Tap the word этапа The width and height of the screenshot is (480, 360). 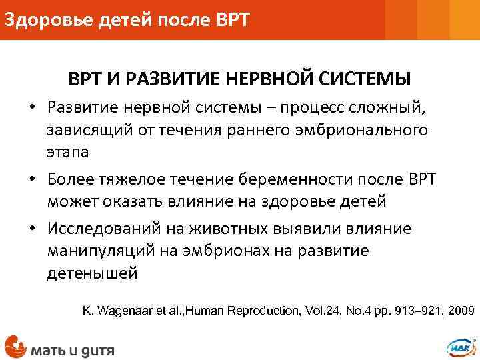point(67,152)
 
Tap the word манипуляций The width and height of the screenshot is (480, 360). point(98,251)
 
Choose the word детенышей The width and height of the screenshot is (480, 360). point(91,273)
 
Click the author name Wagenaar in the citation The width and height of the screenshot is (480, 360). point(127,311)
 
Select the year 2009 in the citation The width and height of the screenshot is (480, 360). point(461,311)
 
